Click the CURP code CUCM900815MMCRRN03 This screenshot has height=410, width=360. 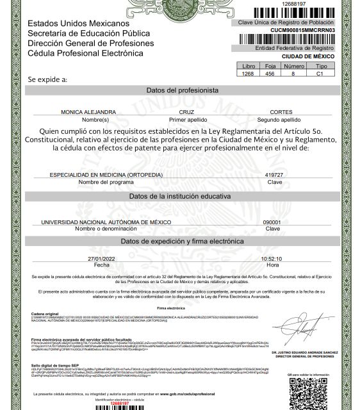(x=313, y=31)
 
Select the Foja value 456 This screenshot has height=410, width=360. (x=270, y=74)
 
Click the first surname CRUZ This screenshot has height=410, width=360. (x=186, y=111)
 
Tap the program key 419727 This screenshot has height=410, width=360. (x=273, y=174)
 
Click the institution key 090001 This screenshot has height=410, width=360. (x=272, y=221)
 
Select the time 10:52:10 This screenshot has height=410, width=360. (x=272, y=258)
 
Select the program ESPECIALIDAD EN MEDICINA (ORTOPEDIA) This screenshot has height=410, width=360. (x=106, y=174)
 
